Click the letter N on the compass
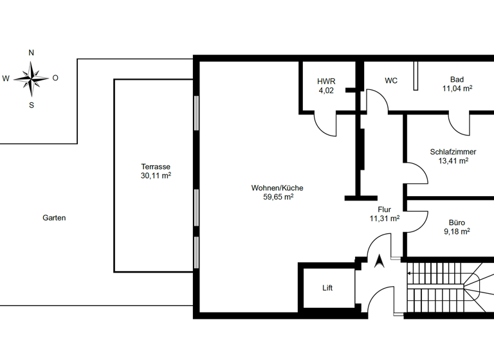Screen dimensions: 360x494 point(32,53)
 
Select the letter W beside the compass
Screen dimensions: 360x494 point(6,79)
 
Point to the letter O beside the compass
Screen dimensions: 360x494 point(55,78)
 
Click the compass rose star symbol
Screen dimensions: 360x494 point(31,78)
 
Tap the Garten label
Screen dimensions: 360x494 point(54,218)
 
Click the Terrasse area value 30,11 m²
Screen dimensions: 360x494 point(156,175)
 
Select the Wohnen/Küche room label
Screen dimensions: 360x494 point(277,188)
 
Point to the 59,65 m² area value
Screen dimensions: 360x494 point(277,197)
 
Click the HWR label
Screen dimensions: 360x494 point(326,82)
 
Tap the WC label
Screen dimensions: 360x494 point(391,81)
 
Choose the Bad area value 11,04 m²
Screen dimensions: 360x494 point(457,89)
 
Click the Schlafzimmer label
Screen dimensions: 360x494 point(453,152)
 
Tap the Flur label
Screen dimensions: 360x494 point(385,210)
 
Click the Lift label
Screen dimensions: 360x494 point(328,288)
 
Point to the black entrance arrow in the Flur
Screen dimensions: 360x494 point(380,260)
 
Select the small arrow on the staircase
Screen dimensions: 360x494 point(410,273)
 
